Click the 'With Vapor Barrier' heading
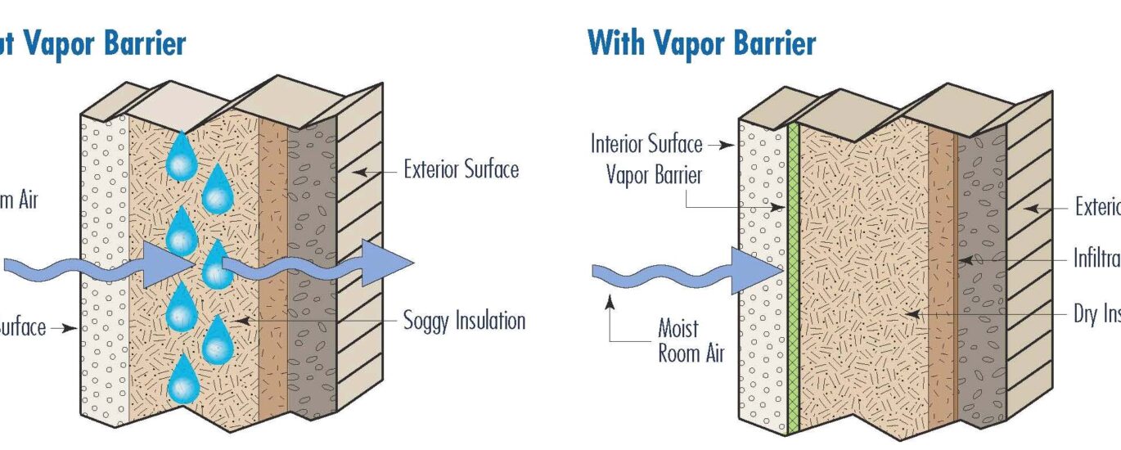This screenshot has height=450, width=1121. pos(701,43)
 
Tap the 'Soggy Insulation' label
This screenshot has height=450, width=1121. pos(464,320)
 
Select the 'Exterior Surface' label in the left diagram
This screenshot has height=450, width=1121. pos(461,170)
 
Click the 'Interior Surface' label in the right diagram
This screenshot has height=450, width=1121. pos(646,145)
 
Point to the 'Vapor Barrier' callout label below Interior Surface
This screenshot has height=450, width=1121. pos(655,175)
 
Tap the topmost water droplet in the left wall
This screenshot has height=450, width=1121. pos(178,159)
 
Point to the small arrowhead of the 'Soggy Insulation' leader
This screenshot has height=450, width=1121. pos(238,320)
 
